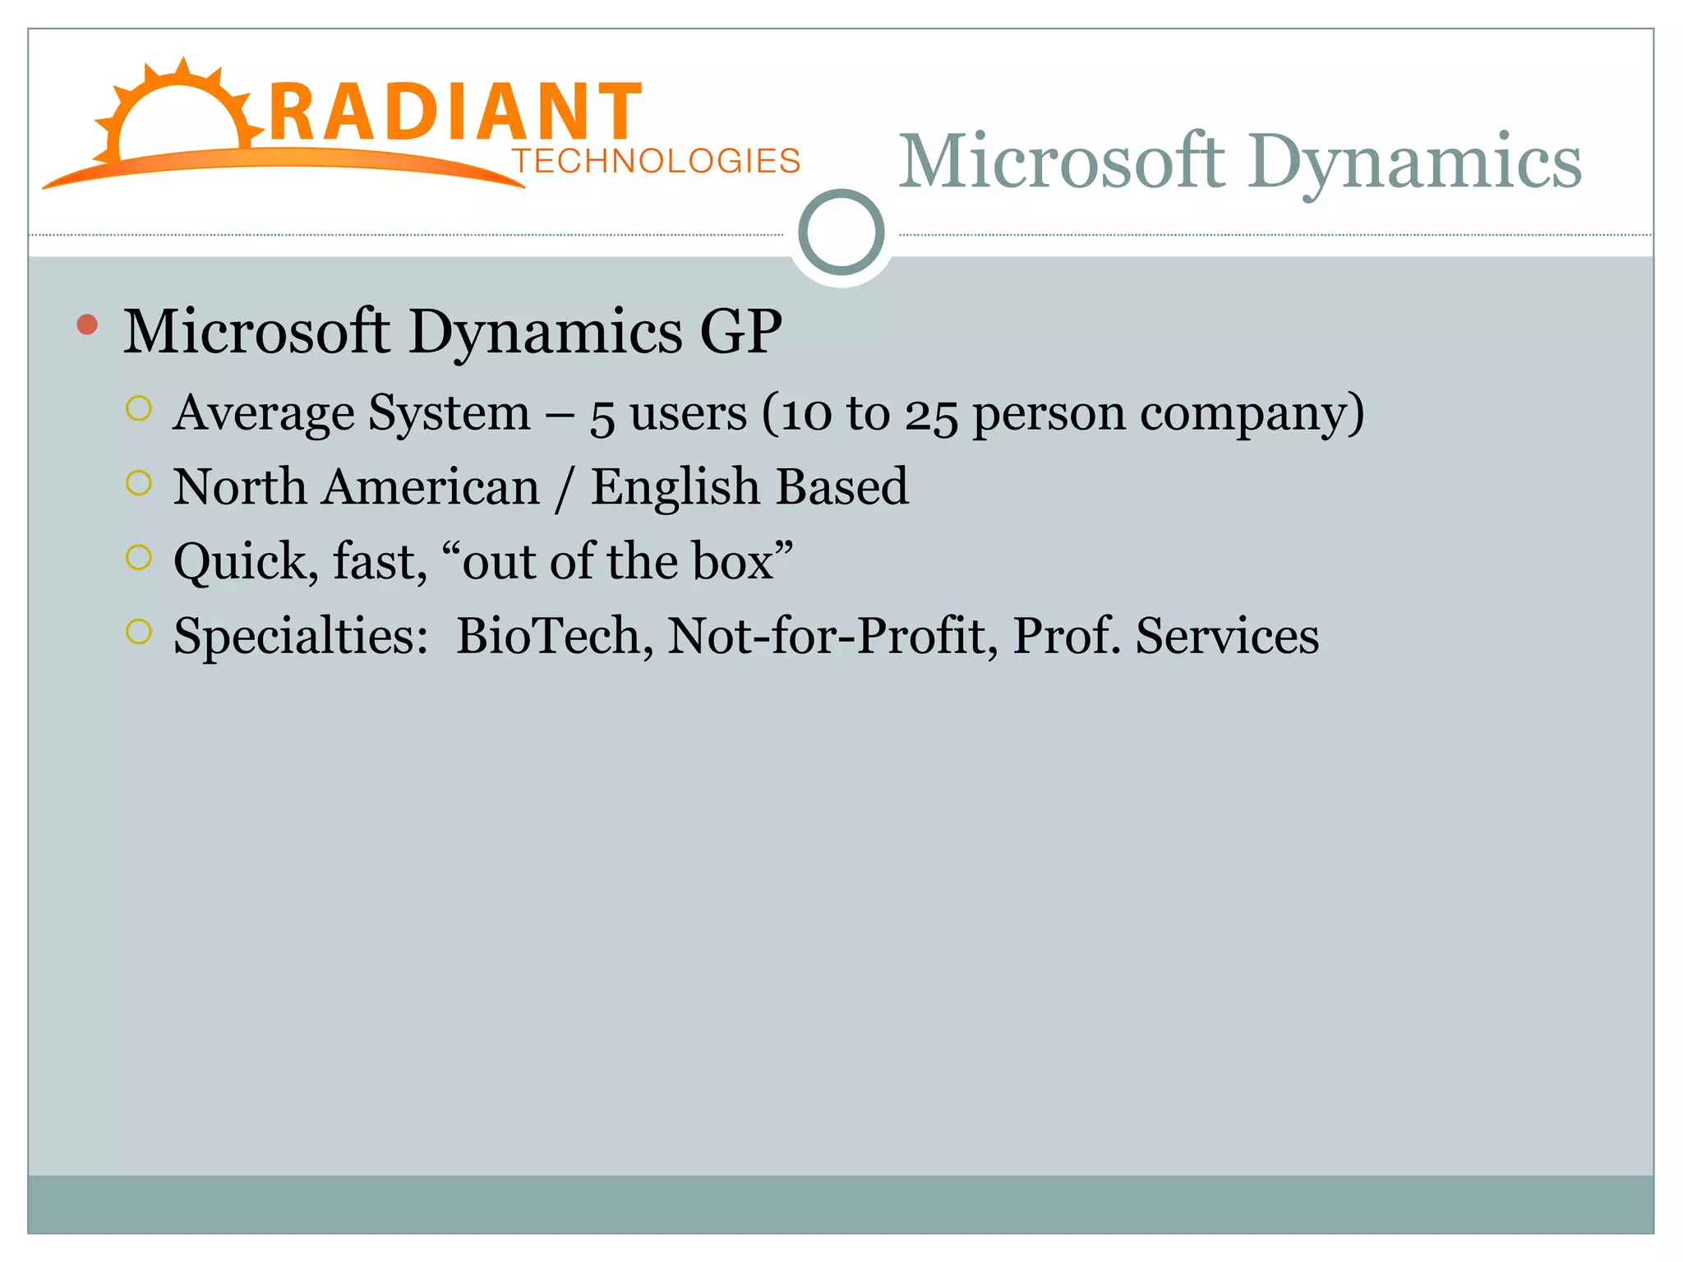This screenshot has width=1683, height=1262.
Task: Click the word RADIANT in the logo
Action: coord(454,113)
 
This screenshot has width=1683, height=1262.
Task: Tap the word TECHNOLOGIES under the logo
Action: coord(656,161)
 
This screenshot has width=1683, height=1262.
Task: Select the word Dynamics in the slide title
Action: coord(1413,163)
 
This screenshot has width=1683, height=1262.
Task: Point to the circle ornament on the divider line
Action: coord(841,233)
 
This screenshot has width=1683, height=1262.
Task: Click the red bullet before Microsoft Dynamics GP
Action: coord(87,325)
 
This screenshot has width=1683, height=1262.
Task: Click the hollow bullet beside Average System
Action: coord(139,408)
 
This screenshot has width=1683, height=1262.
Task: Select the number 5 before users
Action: coord(602,416)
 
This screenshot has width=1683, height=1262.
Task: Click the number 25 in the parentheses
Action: coord(931,415)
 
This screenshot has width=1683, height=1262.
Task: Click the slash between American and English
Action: coord(565,488)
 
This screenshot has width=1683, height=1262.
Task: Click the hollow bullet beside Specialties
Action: coord(139,632)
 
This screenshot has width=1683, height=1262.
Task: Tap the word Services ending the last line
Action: coord(1226,636)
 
